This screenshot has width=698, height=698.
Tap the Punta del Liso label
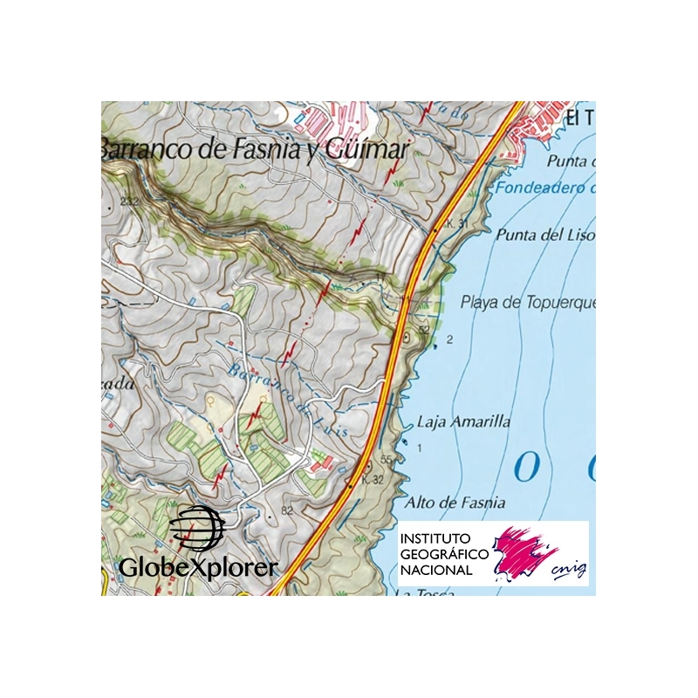click(x=544, y=235)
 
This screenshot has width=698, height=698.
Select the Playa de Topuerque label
click(x=527, y=303)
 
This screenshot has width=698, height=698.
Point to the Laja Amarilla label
click(x=464, y=421)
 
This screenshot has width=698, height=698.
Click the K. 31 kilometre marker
click(x=456, y=224)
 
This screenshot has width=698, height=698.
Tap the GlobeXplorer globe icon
click(x=197, y=529)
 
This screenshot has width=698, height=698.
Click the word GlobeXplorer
click(x=198, y=567)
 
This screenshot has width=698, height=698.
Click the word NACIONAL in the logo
click(x=436, y=570)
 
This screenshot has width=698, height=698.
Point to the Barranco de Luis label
click(x=288, y=398)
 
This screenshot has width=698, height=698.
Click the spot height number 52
click(x=424, y=330)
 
